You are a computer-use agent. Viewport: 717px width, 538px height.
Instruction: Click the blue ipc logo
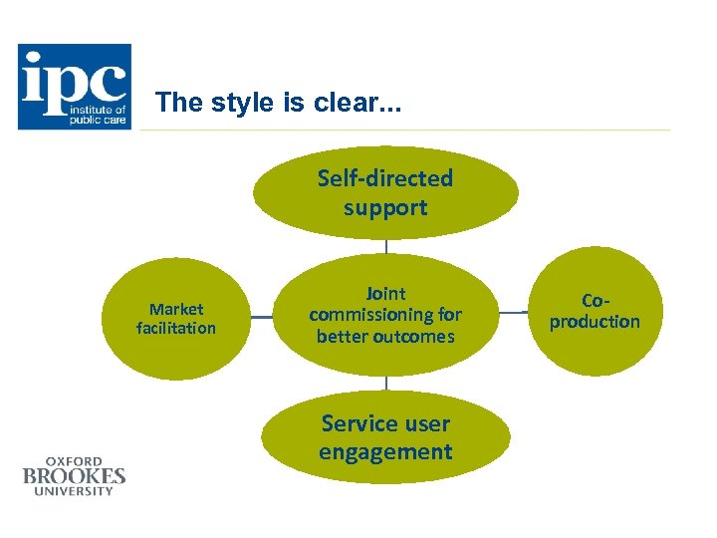coord(74,87)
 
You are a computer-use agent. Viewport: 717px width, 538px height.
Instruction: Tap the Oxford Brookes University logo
coord(75,475)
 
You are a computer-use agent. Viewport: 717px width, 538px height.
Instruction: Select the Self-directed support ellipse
coord(385,192)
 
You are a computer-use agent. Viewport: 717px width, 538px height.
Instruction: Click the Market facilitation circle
coord(176,318)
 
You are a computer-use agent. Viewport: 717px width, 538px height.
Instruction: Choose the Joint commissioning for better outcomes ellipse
coord(385,315)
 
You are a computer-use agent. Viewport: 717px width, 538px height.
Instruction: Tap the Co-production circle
coord(595,312)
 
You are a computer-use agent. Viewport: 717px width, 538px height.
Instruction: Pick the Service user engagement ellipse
coord(385,437)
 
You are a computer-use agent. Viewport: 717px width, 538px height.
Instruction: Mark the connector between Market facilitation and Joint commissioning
coord(261,317)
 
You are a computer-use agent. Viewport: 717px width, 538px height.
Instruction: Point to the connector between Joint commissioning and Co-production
coord(515,313)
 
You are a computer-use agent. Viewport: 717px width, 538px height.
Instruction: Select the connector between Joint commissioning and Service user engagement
coord(386,383)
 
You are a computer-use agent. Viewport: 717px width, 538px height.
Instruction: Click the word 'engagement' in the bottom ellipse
coord(385,452)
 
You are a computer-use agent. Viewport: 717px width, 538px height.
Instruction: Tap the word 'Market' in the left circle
coord(176,309)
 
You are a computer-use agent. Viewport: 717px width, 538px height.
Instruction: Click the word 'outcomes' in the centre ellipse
coord(385,337)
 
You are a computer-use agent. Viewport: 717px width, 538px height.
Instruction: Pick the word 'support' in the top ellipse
coord(385,208)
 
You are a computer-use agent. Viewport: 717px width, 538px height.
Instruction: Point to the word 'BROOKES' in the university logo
coord(75,475)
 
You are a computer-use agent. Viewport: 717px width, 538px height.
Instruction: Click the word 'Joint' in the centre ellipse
coord(385,293)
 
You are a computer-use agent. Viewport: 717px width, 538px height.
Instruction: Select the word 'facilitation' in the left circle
coord(176,328)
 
